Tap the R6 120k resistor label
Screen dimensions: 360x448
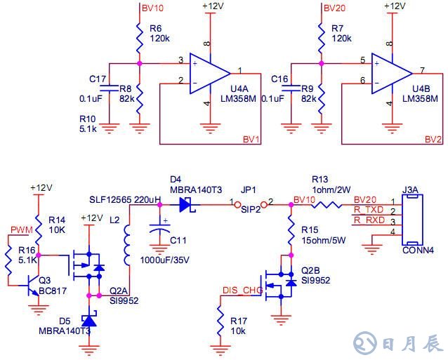(x=159, y=33)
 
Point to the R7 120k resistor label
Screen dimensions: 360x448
(x=341, y=33)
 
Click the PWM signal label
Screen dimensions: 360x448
(x=20, y=229)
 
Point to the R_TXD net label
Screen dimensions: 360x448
(x=369, y=210)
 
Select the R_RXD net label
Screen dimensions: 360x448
(x=369, y=220)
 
